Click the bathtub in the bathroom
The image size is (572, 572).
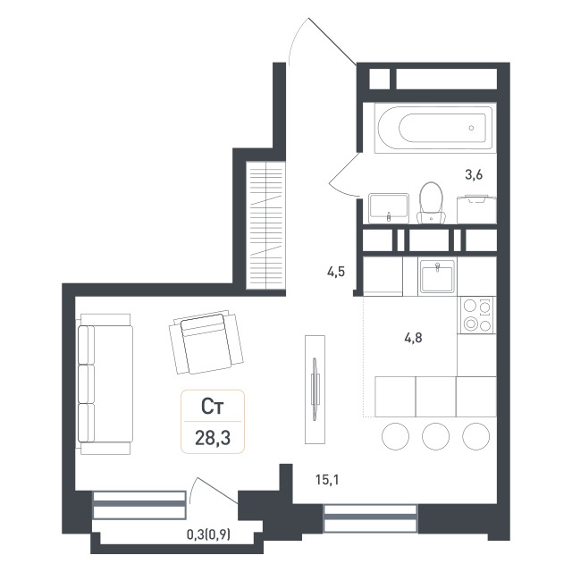point(435,128)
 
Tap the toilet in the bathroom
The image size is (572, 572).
point(431,203)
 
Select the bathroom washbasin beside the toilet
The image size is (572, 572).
point(388,208)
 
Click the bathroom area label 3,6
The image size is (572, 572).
point(474,175)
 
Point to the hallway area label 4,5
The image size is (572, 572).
point(336,272)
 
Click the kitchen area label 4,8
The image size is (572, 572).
point(413,338)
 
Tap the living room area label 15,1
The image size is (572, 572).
point(327,480)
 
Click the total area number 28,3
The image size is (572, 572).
point(213,438)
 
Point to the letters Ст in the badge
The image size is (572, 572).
point(213,407)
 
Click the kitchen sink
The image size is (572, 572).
point(437,276)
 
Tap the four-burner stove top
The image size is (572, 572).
point(476,315)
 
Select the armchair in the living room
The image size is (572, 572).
point(206,343)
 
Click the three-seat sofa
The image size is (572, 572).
point(105,383)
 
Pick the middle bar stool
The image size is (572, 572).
point(435,436)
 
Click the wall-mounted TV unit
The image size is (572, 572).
point(315,390)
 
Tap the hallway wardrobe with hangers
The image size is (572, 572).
point(265,225)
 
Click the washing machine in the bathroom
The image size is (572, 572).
point(476,209)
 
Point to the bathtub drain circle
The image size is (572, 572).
point(471,128)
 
